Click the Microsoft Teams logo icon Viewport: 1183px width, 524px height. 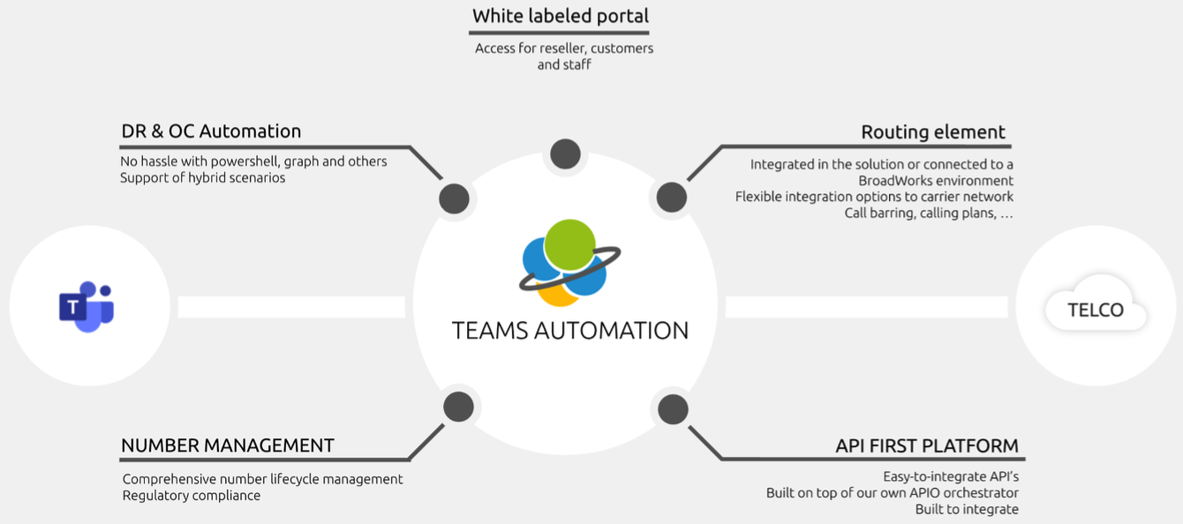(87, 306)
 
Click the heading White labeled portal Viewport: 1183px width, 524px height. (560, 16)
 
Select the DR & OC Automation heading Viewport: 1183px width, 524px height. (211, 131)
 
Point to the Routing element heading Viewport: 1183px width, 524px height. (933, 132)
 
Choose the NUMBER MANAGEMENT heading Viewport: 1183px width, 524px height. (227, 445)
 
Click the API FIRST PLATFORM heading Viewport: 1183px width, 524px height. (926, 445)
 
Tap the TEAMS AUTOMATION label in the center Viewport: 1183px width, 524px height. (569, 331)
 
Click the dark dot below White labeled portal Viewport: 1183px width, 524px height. (565, 154)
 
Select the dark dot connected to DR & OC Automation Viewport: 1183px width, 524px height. (454, 198)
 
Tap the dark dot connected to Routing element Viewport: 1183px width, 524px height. (672, 198)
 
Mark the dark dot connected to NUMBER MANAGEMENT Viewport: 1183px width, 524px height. (458, 407)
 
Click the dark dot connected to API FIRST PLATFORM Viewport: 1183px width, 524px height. (673, 408)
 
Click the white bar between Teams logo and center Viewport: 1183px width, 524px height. (291, 306)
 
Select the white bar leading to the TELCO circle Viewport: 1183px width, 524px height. (865, 306)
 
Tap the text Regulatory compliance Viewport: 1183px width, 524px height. (192, 496)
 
